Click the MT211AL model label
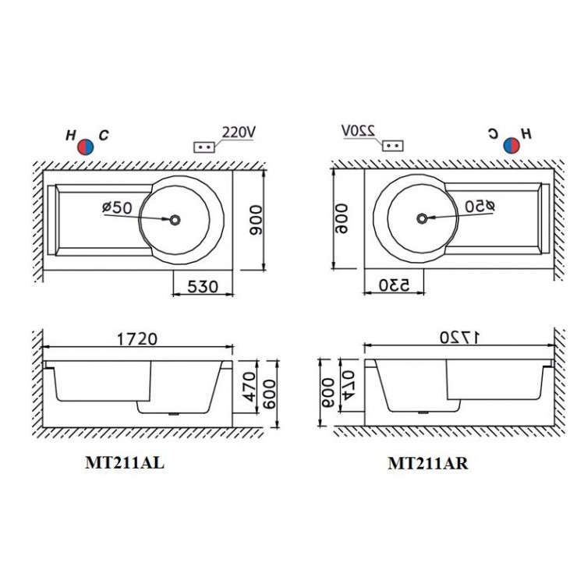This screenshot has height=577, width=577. (x=124, y=462)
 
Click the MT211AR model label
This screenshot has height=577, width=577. (x=428, y=463)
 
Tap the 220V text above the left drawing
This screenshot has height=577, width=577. (x=239, y=133)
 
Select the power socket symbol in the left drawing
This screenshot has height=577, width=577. (x=204, y=146)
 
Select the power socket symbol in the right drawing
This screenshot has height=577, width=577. (x=394, y=145)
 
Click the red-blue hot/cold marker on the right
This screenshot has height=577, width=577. (x=512, y=145)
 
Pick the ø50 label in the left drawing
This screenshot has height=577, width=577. (x=118, y=207)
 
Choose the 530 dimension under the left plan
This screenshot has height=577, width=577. (x=203, y=285)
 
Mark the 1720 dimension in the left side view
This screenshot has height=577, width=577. (x=137, y=339)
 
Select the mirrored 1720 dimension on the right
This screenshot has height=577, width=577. (x=459, y=338)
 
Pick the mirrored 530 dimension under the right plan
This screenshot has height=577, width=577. (x=395, y=285)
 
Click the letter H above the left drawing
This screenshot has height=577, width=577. (x=71, y=135)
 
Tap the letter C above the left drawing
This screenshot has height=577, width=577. (x=104, y=135)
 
